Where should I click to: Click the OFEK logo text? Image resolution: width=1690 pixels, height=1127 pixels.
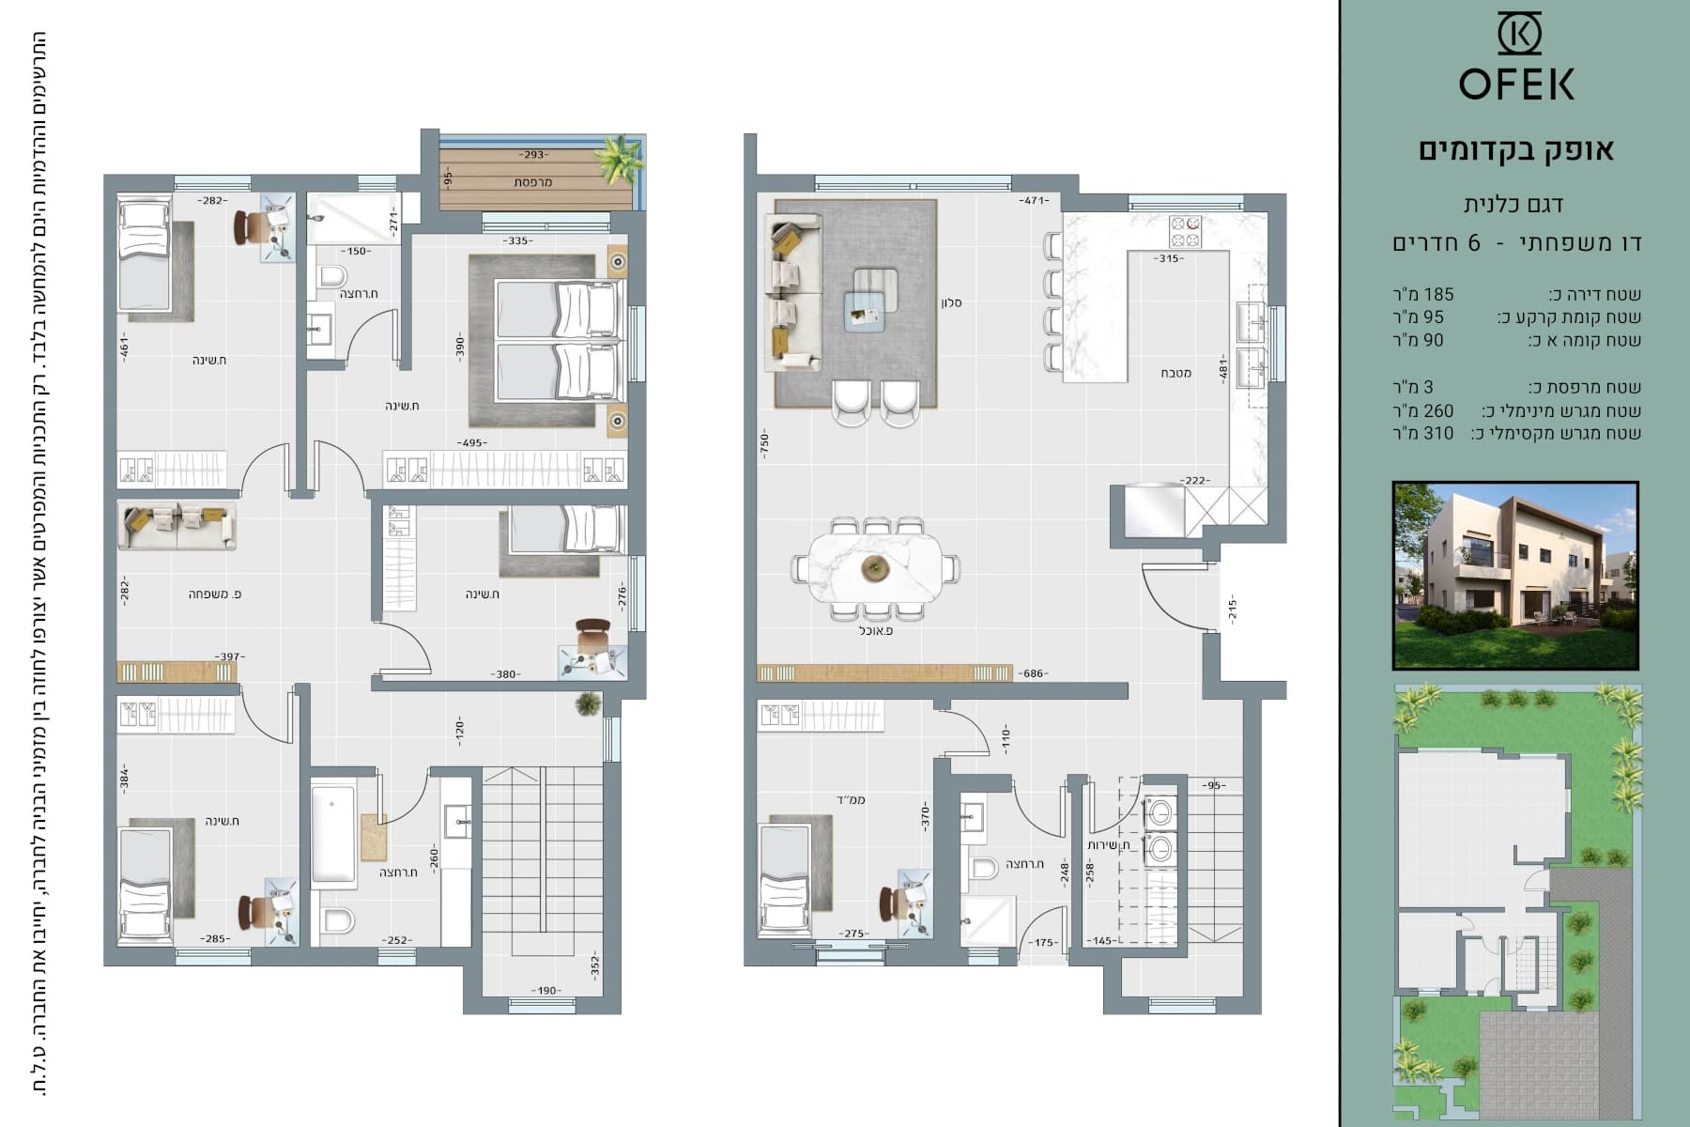(x=1516, y=84)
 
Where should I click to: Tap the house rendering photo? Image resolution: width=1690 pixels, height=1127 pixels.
(x=1515, y=576)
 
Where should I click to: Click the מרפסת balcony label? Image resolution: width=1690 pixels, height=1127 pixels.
(x=533, y=181)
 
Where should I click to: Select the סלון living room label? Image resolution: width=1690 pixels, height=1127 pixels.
(x=951, y=302)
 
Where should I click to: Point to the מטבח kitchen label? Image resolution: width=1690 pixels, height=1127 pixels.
(x=1175, y=373)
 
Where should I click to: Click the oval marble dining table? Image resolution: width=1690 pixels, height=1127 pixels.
(x=875, y=568)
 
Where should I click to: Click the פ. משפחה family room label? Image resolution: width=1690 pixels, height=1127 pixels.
(x=215, y=594)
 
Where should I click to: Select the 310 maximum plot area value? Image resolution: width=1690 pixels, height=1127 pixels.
(x=1437, y=433)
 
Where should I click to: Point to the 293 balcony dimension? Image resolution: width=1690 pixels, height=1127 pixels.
(x=533, y=155)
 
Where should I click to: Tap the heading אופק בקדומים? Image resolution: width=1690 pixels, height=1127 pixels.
(x=1516, y=150)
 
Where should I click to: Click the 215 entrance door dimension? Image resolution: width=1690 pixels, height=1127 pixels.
(x=1232, y=609)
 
